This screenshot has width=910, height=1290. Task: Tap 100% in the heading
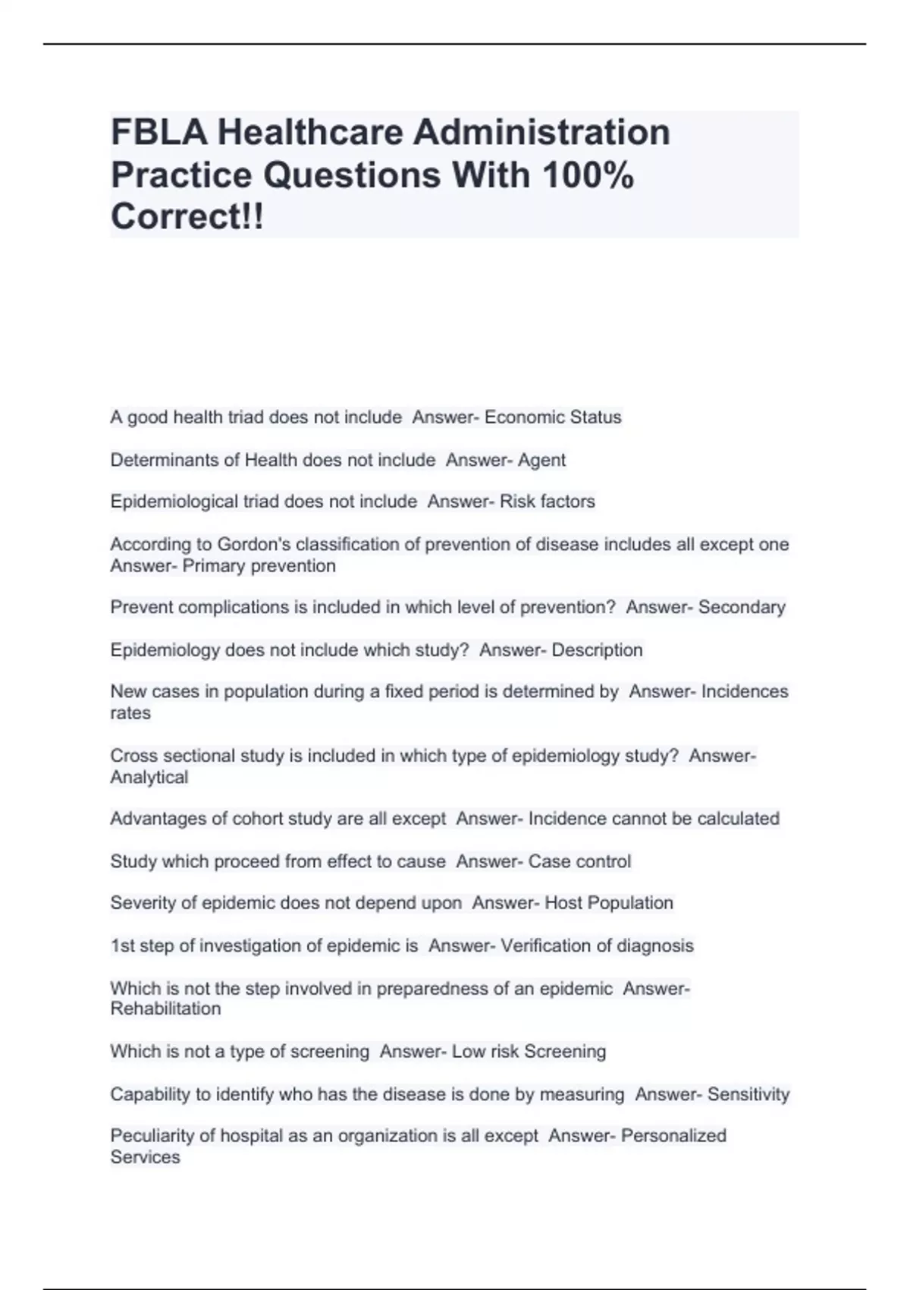point(588,175)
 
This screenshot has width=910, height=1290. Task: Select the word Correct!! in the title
point(187,217)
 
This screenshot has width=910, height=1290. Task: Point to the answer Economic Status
point(553,417)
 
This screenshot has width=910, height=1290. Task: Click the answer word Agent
point(541,460)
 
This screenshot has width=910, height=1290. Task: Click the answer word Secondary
point(742,607)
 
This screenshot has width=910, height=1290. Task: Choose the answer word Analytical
point(149,777)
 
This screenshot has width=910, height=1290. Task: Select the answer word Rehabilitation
point(165,1008)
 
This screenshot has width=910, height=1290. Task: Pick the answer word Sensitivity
point(748,1094)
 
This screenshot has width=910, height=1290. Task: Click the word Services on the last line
point(145,1157)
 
